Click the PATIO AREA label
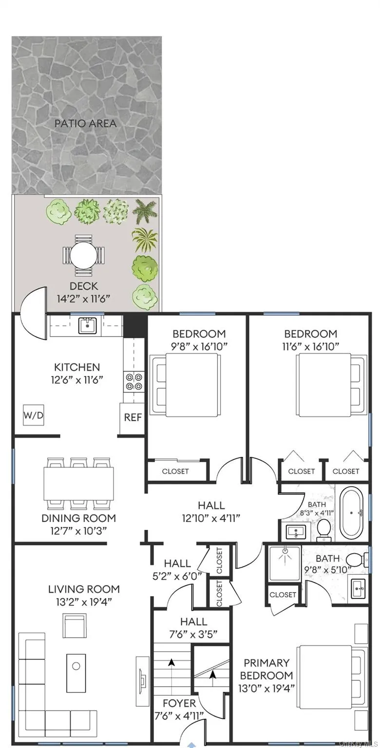pyautogui.click(x=86, y=123)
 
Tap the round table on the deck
pyautogui.click(x=83, y=255)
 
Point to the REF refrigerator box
pyautogui.click(x=133, y=417)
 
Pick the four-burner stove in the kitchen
pyautogui.click(x=133, y=381)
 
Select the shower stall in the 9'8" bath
pyautogui.click(x=285, y=563)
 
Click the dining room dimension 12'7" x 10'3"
pyautogui.click(x=78, y=531)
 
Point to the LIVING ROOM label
pyautogui.click(x=84, y=589)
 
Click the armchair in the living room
pyautogui.click(x=75, y=625)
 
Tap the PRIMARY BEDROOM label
pyautogui.click(x=266, y=669)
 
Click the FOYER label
pyautogui.click(x=179, y=703)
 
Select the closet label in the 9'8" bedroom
pyautogui.click(x=175, y=471)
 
